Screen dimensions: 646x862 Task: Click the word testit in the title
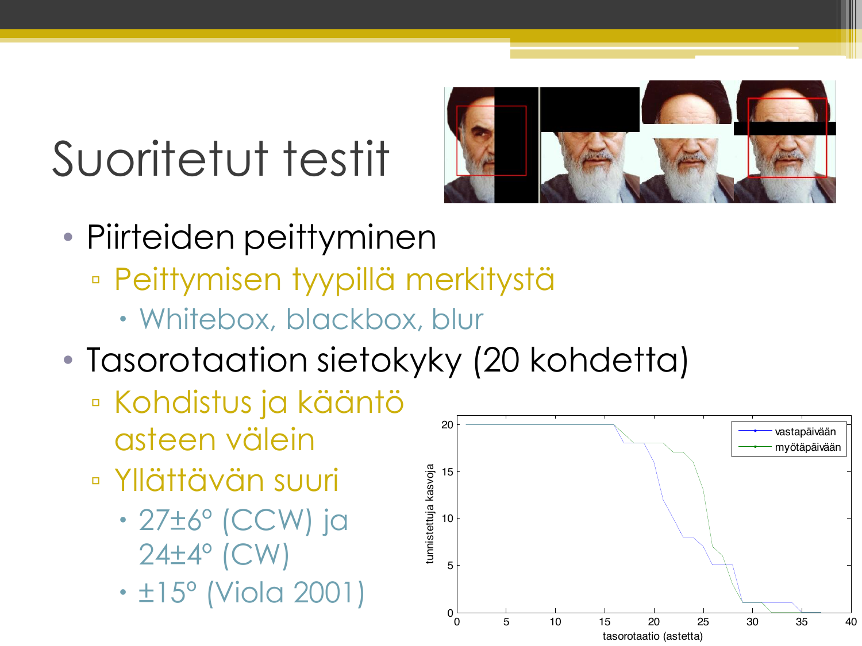click(336, 158)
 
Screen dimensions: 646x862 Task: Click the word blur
click(457, 319)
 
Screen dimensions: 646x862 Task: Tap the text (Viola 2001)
click(286, 593)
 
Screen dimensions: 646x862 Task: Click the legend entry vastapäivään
click(805, 432)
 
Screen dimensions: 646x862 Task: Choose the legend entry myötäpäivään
click(807, 447)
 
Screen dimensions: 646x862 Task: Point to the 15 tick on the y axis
click(447, 472)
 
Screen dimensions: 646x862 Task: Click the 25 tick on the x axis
click(703, 622)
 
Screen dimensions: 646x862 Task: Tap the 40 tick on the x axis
click(851, 622)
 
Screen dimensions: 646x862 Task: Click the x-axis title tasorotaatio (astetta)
click(652, 636)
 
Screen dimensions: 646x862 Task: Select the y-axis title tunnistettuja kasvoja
click(430, 514)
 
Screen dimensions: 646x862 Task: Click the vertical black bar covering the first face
click(516, 145)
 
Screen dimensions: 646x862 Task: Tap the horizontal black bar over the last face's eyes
click(784, 129)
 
